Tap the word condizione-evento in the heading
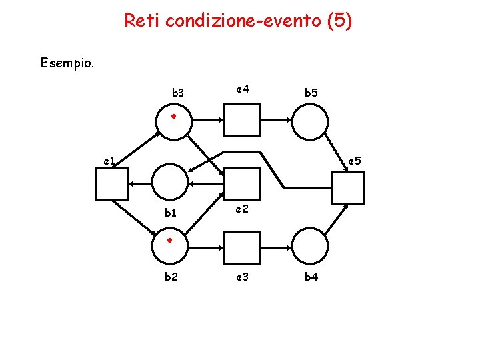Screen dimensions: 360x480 click(x=243, y=21)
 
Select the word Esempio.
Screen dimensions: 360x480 click(x=67, y=64)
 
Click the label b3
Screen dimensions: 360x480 click(x=178, y=93)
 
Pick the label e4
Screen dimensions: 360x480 click(x=242, y=88)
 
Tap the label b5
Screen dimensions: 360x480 click(x=311, y=93)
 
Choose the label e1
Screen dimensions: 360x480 click(x=109, y=161)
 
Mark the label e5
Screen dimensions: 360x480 click(x=354, y=161)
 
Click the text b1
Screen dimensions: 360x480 click(x=171, y=213)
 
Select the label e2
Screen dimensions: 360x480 click(x=242, y=209)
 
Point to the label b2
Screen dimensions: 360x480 click(x=171, y=277)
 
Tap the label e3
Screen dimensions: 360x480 click(x=242, y=277)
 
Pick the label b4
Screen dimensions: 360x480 click(x=311, y=277)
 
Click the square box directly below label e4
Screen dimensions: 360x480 click(x=241, y=121)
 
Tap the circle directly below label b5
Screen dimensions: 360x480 click(x=311, y=121)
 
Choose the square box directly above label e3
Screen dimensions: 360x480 click(x=241, y=247)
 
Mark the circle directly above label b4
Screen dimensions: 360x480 click(x=311, y=247)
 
